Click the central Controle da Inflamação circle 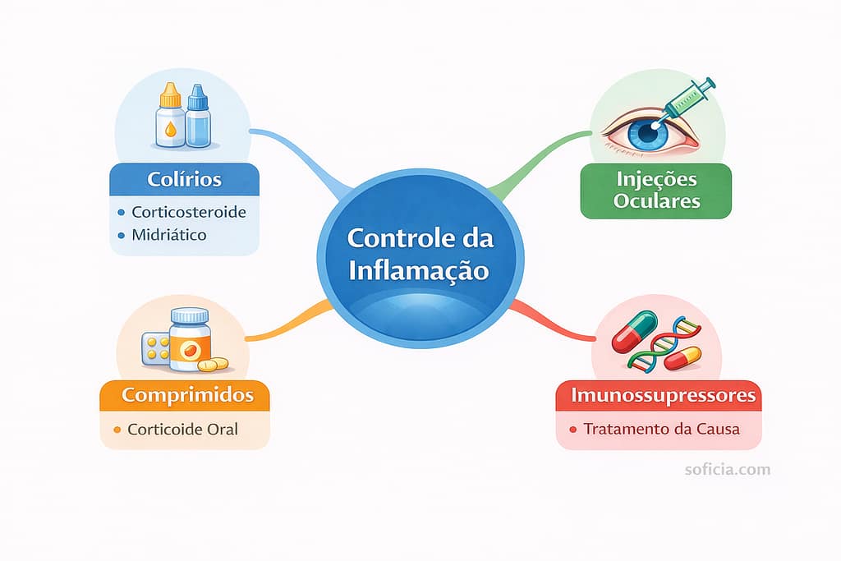coord(420,254)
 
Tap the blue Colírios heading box coord(184,179)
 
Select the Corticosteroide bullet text coord(188,212)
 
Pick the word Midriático coord(168,235)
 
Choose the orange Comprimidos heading coord(187,395)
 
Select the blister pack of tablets coord(155,347)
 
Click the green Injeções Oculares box coord(655,191)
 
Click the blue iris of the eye coord(649,135)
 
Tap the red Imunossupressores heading coord(659,395)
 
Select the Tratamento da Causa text coord(661,429)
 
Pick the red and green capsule coord(634,330)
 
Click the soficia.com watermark coord(728,470)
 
